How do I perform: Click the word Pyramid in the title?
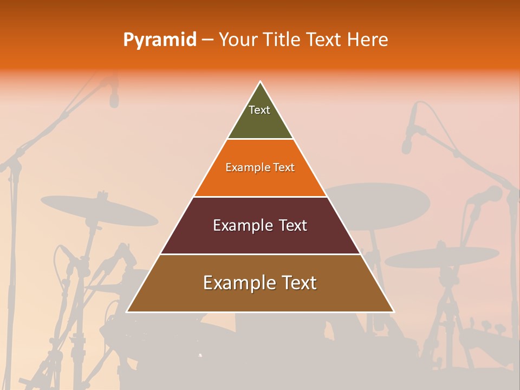pos(160,40)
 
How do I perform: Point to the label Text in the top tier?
pos(259,110)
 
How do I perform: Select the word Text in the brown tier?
pos(295,283)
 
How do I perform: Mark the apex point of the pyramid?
pos(261,82)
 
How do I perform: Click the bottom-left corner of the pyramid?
pos(127,312)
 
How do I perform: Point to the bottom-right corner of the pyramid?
pos(394,312)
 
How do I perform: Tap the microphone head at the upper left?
pos(114,97)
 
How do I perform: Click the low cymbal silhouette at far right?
pos(441,257)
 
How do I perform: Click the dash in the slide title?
pos(207,40)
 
